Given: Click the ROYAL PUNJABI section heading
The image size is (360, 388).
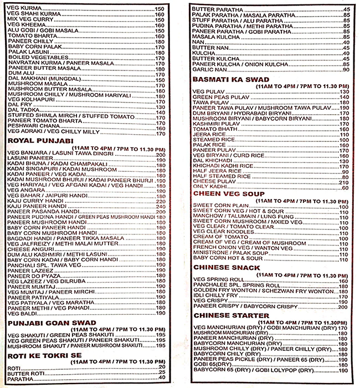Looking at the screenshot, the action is coord(34,141).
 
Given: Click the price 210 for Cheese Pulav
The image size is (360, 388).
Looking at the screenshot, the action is coord(343,182).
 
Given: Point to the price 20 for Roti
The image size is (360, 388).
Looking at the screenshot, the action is coord(162,367).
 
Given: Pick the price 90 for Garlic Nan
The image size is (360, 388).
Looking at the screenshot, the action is coord(345,69).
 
